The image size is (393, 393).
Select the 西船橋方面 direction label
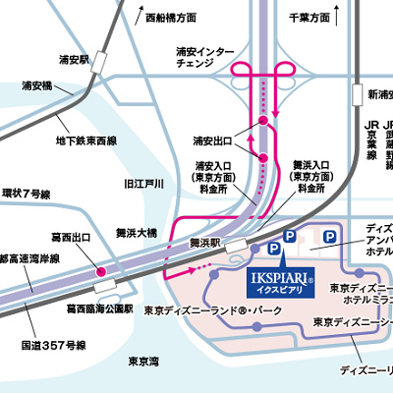[x=170, y=18]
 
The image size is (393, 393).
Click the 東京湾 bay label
[x=145, y=361]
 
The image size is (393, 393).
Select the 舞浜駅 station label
[x=207, y=241]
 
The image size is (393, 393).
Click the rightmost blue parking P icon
[x=331, y=239]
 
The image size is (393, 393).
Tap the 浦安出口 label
[x=213, y=140]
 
